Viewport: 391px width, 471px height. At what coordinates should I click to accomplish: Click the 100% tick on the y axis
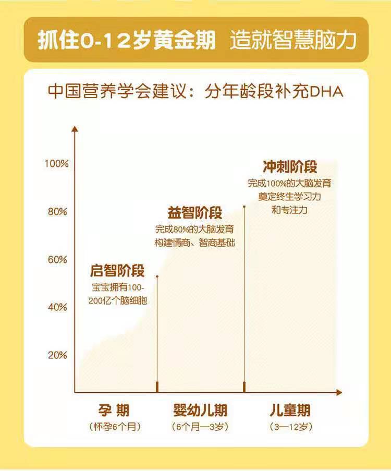56,164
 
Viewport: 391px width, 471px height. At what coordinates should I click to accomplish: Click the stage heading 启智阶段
117,271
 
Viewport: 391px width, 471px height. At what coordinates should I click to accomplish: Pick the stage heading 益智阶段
195,213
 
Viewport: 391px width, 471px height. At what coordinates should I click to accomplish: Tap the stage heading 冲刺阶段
290,167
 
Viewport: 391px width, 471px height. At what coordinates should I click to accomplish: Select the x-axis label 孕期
114,410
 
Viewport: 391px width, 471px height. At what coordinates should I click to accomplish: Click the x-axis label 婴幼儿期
200,410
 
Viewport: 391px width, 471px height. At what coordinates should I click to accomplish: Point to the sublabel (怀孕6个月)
115,427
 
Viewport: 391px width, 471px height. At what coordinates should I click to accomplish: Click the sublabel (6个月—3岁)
200,427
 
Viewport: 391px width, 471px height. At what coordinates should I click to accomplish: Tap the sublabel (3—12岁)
291,427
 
